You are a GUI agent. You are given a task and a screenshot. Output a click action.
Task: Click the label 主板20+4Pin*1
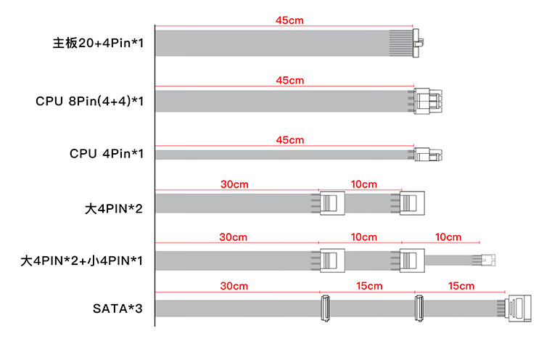(x=98, y=44)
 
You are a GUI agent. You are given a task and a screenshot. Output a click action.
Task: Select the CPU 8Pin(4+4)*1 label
(x=89, y=102)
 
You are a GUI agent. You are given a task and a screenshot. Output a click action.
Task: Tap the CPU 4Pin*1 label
(x=107, y=154)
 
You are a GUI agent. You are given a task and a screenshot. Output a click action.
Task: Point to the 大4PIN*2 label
(x=115, y=210)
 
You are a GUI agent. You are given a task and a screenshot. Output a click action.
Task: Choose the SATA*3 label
(x=118, y=308)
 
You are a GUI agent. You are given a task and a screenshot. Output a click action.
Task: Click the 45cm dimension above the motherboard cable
(x=289, y=20)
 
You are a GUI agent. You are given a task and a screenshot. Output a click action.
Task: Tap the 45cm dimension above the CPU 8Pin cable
(x=289, y=80)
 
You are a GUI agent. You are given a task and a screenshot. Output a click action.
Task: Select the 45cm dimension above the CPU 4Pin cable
(x=289, y=139)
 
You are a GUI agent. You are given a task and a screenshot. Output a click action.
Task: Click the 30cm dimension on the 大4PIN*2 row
(x=234, y=185)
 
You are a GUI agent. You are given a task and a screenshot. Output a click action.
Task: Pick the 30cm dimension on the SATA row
(x=234, y=286)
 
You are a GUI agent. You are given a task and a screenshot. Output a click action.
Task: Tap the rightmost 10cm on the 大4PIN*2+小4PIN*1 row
(x=448, y=237)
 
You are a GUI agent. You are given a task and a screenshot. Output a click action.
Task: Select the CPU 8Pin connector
(x=428, y=102)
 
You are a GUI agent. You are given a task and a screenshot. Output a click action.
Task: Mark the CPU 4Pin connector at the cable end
(x=428, y=155)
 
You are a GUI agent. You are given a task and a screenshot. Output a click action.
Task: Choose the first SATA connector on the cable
(x=325, y=308)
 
